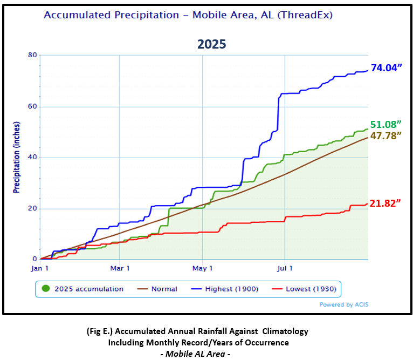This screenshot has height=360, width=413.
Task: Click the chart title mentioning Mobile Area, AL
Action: (188, 15)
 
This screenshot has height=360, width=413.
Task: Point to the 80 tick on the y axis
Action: (32, 56)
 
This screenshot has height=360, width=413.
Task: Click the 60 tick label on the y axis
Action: (32, 107)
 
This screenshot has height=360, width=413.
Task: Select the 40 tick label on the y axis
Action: (32, 158)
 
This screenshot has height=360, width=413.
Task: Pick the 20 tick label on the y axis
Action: (32, 209)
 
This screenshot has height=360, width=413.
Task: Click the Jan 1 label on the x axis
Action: (41, 268)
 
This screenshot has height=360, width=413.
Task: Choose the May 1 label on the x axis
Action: (202, 268)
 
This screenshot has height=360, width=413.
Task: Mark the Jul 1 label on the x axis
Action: (285, 268)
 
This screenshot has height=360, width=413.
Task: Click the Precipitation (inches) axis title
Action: (17, 157)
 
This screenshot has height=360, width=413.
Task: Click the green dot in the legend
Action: (46, 289)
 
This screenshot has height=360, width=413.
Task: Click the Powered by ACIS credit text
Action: (344, 304)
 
